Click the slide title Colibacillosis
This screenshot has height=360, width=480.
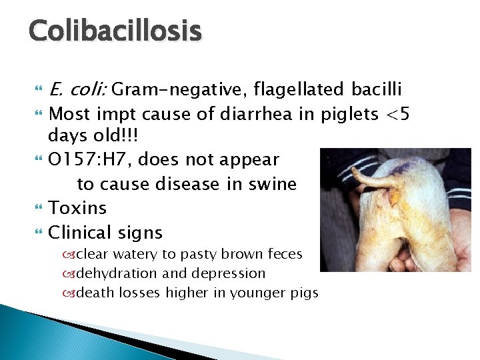click(x=115, y=31)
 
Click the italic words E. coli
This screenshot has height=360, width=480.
click(x=78, y=89)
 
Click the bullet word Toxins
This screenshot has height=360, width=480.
click(x=78, y=208)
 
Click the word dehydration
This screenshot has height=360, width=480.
click(x=117, y=273)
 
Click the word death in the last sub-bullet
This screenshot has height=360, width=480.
click(x=95, y=293)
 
